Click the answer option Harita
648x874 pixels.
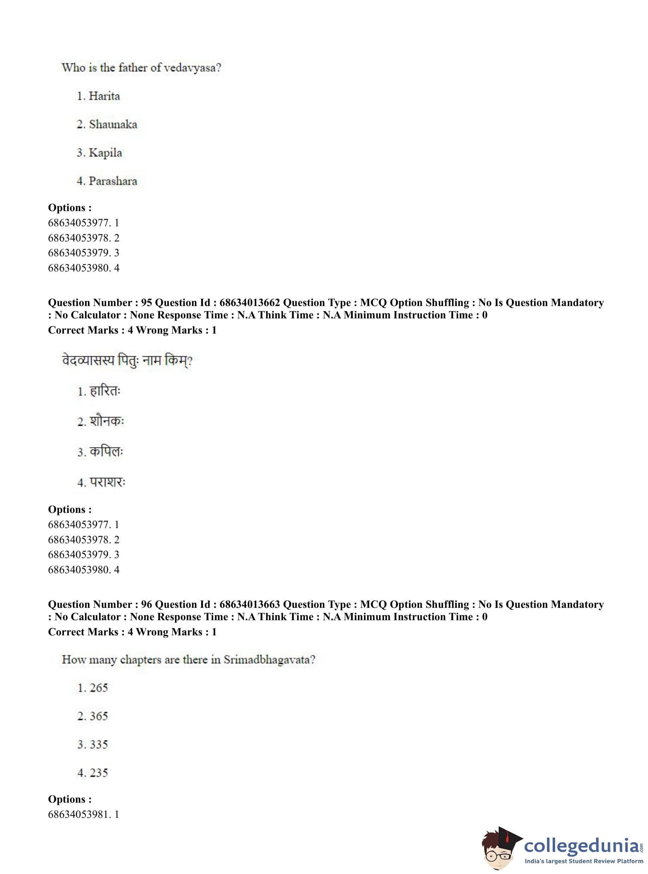pyautogui.click(x=104, y=96)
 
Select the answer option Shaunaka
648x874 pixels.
pyautogui.click(x=113, y=124)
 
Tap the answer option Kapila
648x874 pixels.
pyautogui.click(x=105, y=152)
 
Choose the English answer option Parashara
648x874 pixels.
pyautogui.click(x=113, y=181)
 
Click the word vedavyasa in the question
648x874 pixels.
pyautogui.click(x=190, y=68)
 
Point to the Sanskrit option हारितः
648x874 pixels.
pyautogui.click(x=105, y=391)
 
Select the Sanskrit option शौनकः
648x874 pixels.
pyautogui.click(x=107, y=421)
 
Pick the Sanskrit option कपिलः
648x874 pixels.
pyautogui.click(x=106, y=451)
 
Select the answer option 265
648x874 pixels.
pyautogui.click(x=98, y=688)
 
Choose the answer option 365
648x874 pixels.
pyautogui.click(x=98, y=716)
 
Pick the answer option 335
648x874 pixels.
pyautogui.click(x=98, y=744)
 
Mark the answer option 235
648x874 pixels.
pyautogui.click(x=98, y=772)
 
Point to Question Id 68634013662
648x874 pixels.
pyautogui.click(x=250, y=303)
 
